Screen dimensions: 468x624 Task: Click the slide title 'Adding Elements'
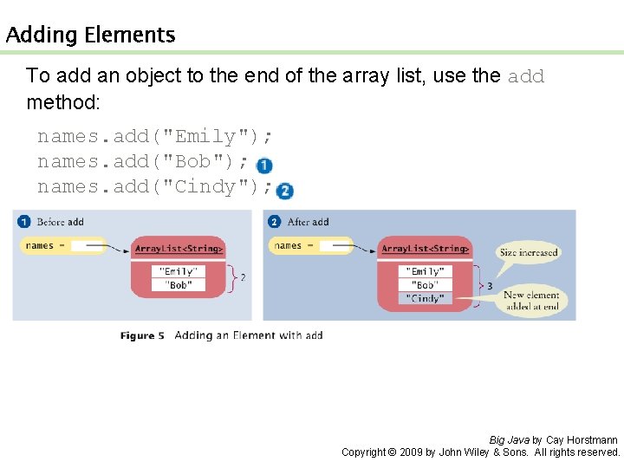click(x=90, y=36)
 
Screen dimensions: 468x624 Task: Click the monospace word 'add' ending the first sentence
click(x=526, y=76)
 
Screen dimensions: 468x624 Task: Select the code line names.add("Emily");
click(x=156, y=136)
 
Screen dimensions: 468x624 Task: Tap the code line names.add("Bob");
click(x=144, y=161)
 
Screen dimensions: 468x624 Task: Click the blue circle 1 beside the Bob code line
click(x=264, y=166)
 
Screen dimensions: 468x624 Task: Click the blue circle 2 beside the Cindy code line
click(x=285, y=191)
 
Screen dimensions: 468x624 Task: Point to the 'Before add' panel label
click(x=60, y=222)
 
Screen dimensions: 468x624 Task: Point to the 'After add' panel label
click(x=308, y=222)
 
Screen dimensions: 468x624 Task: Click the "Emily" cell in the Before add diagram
click(x=179, y=272)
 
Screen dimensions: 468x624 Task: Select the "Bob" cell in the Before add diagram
click(x=179, y=284)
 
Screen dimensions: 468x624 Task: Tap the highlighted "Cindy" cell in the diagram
click(x=426, y=298)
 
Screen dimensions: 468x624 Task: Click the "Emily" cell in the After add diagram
click(x=426, y=272)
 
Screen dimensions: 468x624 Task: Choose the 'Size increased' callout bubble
click(x=529, y=253)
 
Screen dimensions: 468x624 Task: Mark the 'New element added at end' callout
click(x=531, y=300)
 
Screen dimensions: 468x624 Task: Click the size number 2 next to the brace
click(x=242, y=277)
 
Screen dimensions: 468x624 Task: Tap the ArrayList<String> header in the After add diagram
click(x=426, y=250)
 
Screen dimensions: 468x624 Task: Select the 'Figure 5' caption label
click(x=143, y=335)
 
